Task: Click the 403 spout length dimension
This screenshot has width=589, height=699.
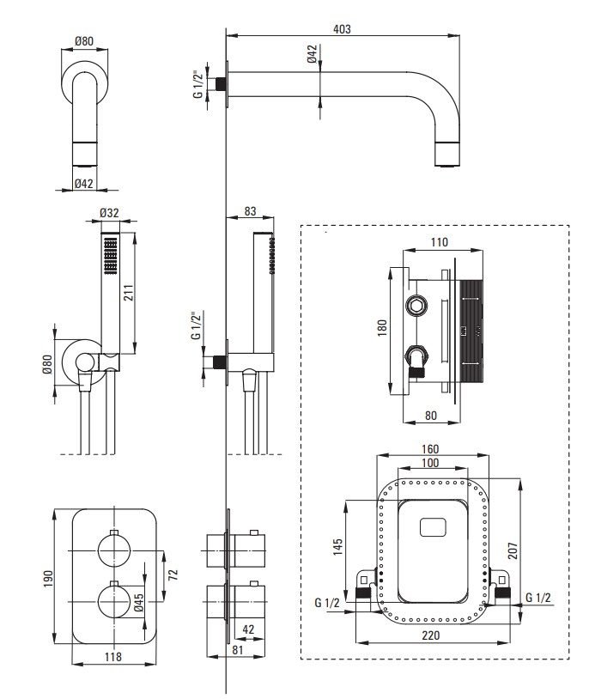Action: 342,28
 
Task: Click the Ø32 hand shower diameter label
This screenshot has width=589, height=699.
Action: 109,213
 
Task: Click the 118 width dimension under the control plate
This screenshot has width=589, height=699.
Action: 112,657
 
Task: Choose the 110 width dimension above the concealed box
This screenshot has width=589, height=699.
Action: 438,241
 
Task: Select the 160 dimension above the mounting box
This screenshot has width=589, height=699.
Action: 433,448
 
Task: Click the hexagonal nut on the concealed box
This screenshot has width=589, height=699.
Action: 416,307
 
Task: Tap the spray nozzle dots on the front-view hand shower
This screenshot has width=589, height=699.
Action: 109,256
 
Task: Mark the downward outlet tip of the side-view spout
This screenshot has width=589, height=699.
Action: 448,158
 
